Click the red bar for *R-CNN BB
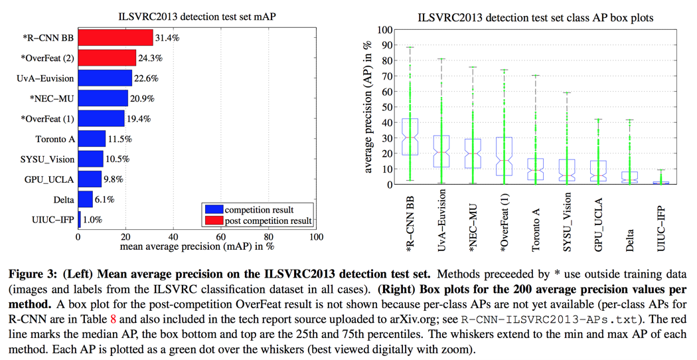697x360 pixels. (x=116, y=39)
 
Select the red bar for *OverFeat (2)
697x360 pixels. (x=107, y=58)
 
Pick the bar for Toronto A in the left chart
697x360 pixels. (x=92, y=139)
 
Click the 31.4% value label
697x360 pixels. (x=167, y=39)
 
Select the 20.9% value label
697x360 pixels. (x=142, y=99)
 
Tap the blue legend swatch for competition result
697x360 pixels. (x=214, y=210)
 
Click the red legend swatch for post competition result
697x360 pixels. (x=214, y=221)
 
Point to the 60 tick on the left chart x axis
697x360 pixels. (x=221, y=236)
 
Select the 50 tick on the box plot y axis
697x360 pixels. (x=386, y=107)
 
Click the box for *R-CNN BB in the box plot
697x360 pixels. (x=410, y=137)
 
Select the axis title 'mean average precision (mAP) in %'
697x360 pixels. (x=197, y=246)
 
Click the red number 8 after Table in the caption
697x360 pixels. (x=114, y=318)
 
